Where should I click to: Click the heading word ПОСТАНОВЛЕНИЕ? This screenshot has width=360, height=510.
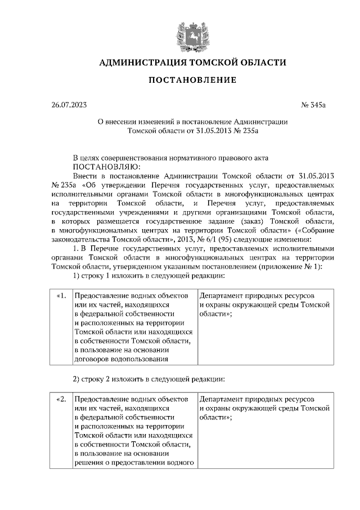pyautogui.click(x=192, y=80)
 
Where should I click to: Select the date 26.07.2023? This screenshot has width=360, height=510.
pyautogui.click(x=67, y=105)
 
